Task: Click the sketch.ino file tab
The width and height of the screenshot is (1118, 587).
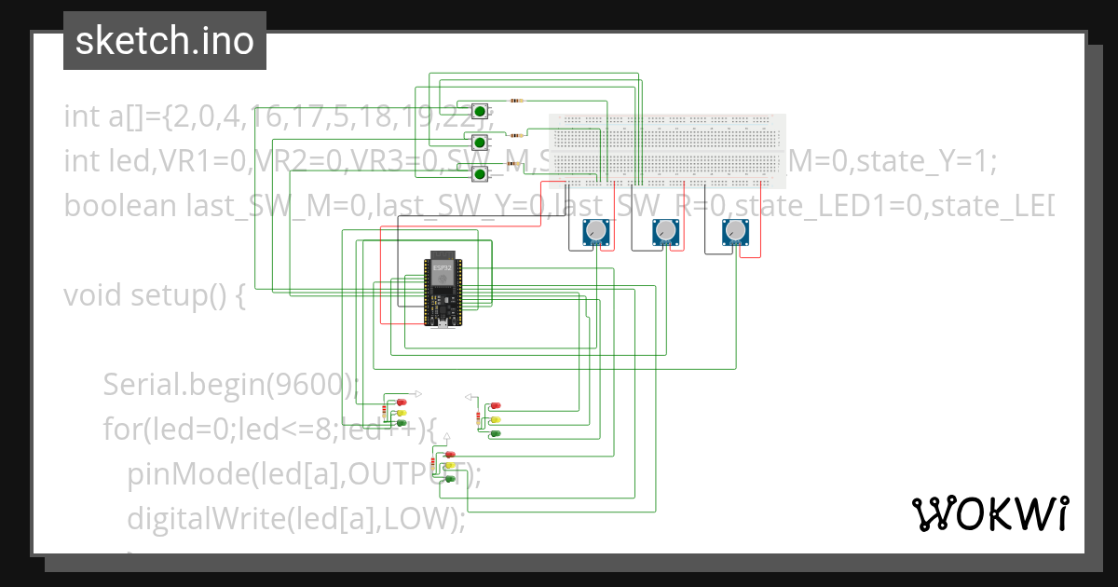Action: coord(164,41)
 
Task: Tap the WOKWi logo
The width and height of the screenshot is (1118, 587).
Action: coord(989,513)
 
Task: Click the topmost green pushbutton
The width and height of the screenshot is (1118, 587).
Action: coord(481,111)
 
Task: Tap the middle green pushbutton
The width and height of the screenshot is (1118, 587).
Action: coord(481,143)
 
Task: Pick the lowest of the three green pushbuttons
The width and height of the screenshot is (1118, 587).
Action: coord(481,173)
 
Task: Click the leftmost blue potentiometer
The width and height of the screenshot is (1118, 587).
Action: coord(595,232)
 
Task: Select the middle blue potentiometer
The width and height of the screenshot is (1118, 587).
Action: coord(664,232)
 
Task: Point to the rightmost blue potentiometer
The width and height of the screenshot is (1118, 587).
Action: coord(735,232)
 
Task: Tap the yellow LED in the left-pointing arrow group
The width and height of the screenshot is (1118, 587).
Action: coord(496,419)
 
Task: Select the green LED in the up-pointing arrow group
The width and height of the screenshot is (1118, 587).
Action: coord(451,478)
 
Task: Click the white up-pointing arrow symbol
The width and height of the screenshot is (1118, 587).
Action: coord(447,436)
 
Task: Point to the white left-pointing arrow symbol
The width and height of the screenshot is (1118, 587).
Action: coord(469,396)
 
